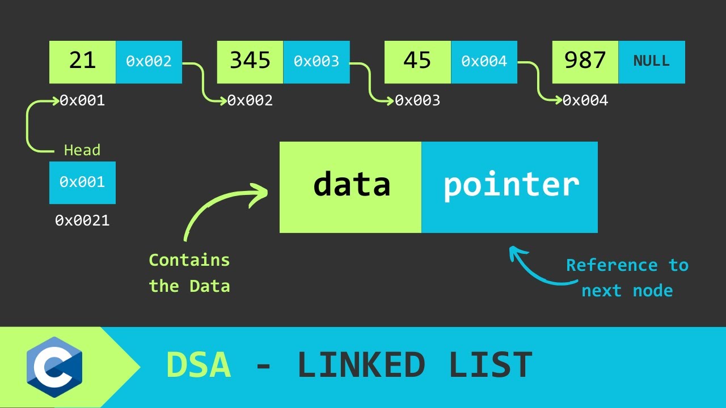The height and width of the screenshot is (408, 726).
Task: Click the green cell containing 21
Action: [83, 62]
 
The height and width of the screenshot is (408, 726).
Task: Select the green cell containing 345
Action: [250, 62]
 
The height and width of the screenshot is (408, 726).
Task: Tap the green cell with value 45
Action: [417, 62]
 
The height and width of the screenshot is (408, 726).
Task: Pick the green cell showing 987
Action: [585, 62]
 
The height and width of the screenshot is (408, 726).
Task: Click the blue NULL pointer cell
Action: [652, 62]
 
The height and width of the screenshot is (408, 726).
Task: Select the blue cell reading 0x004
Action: [484, 62]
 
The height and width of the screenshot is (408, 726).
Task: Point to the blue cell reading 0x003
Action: [316, 62]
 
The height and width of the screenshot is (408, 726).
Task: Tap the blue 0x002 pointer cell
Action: [149, 62]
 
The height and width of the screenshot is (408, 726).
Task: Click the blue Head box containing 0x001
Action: [82, 182]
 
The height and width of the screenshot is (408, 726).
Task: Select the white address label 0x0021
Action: [82, 220]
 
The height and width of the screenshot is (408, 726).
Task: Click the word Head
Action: [82, 150]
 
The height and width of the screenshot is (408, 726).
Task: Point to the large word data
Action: [352, 185]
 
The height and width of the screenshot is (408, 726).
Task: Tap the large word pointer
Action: [510, 185]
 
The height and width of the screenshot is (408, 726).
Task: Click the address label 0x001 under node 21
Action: [83, 101]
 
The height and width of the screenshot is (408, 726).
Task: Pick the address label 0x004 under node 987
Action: [585, 101]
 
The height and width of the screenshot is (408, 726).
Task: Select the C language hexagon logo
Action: [54, 367]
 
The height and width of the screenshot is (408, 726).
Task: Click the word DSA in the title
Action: [199, 365]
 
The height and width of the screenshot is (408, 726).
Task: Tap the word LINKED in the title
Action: [361, 365]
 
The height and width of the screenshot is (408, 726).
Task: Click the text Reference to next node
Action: [627, 278]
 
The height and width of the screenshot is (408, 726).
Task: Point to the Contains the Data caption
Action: [189, 273]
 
